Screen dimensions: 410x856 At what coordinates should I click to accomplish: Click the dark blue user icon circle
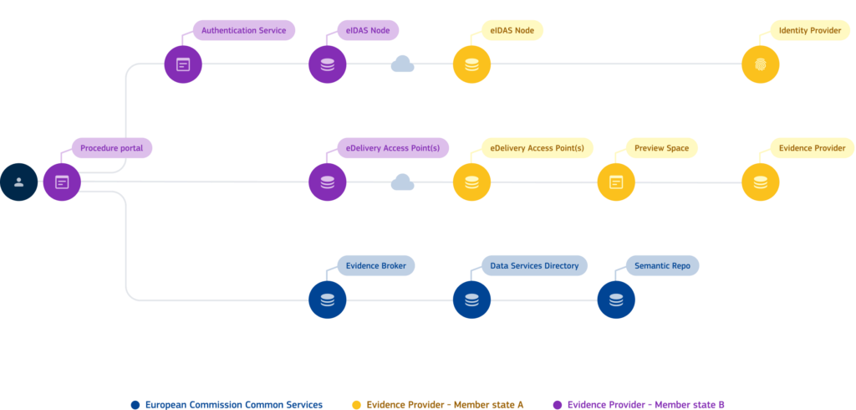coord(18,182)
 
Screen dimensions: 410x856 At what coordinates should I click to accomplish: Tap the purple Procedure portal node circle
coord(62,182)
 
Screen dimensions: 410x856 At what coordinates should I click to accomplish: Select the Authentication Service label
coord(243,30)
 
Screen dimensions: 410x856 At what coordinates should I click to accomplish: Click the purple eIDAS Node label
coord(367,30)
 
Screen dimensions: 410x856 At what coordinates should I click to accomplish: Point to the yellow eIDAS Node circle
coord(471,64)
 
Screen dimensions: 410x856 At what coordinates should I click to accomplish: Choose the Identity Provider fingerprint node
coord(760,64)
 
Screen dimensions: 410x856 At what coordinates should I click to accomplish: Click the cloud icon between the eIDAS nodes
coord(403,64)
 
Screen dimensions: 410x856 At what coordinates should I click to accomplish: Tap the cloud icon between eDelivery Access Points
coord(403,182)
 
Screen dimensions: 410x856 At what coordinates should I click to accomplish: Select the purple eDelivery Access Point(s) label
coord(392,148)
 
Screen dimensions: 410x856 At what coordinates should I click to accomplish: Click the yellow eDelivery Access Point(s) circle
coord(471,182)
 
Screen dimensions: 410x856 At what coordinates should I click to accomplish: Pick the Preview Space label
coord(661,148)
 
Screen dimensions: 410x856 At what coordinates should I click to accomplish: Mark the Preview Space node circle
coord(616,182)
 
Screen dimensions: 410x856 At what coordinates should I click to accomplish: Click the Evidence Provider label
coord(812,148)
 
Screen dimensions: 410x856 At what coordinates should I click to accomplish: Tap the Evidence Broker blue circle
coord(327,300)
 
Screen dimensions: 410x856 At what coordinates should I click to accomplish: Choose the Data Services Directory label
coord(534,265)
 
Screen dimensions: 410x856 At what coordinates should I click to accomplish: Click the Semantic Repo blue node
coord(616,300)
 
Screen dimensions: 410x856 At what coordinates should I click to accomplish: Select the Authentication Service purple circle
coord(183,64)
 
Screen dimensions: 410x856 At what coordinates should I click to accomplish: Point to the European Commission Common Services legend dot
coord(135,405)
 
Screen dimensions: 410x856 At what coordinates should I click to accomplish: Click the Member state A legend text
coord(446,405)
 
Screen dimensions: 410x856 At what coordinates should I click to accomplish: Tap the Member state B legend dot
coord(558,405)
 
